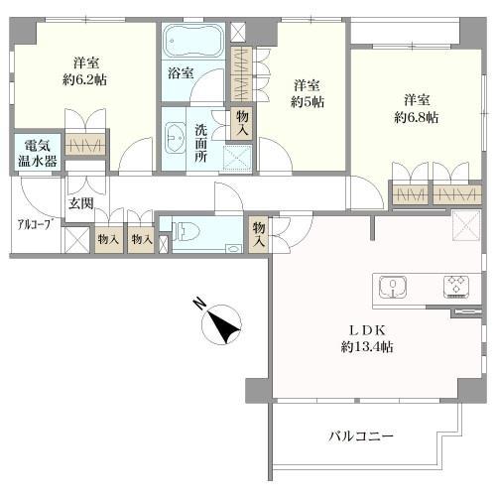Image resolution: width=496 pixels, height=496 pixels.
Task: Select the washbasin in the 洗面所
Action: (x=177, y=137)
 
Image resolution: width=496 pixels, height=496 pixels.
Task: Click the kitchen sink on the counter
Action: (x=395, y=288)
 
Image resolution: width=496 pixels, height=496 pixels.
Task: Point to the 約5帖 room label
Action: (x=307, y=94)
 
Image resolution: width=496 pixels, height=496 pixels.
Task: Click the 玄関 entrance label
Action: (x=80, y=203)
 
